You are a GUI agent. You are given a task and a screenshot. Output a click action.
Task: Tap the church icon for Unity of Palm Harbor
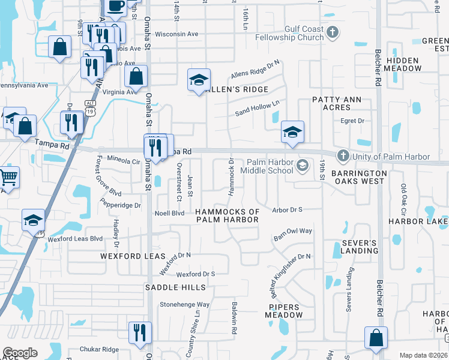point(343,156)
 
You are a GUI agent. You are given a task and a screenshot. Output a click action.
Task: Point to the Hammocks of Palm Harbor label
point(228,215)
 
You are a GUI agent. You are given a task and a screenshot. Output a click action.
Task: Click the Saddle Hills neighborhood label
point(171,288)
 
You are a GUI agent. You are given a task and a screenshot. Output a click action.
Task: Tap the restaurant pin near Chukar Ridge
point(139,332)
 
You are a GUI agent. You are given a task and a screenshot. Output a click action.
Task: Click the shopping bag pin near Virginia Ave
point(136,76)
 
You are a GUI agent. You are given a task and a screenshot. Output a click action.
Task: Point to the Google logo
point(20,353)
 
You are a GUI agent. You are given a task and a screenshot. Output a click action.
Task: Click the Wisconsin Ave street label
point(176,34)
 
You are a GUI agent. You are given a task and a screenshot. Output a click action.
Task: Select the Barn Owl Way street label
point(293,231)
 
